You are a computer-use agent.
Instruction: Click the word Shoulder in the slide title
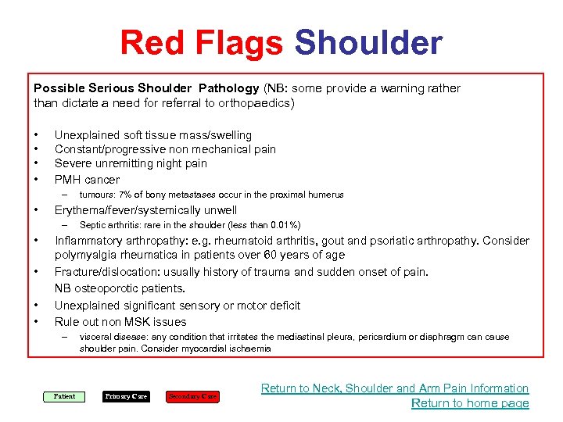click(368, 43)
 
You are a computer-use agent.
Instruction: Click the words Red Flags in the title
click(201, 43)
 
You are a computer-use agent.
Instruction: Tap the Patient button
click(64, 396)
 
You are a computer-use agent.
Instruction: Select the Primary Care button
click(126, 396)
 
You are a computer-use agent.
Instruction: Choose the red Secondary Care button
click(193, 396)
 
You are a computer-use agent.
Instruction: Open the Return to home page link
click(470, 403)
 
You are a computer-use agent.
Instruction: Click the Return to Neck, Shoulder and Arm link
click(395, 388)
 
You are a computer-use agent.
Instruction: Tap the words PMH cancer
click(87, 180)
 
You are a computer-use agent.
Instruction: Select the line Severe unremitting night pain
click(131, 163)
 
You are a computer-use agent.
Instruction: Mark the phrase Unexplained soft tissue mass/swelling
click(152, 135)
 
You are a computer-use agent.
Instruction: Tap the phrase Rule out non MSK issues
click(120, 321)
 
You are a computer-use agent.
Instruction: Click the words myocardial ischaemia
click(233, 349)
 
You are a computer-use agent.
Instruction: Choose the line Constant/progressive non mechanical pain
click(165, 149)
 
